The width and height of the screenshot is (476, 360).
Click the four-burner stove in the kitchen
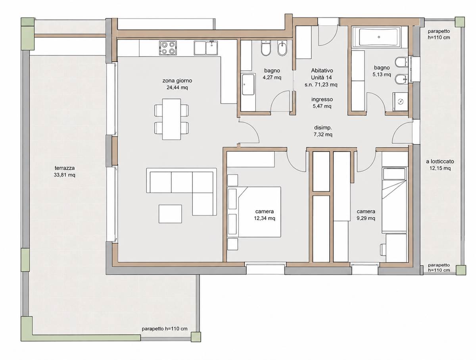pyautogui.click(x=168, y=48)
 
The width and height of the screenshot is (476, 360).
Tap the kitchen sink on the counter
pyautogui.click(x=206, y=48)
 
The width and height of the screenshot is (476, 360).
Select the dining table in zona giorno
pyautogui.click(x=171, y=119)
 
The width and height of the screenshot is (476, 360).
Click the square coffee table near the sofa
pyautogui.click(x=170, y=214)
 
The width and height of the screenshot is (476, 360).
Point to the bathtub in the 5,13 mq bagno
pyautogui.click(x=379, y=37)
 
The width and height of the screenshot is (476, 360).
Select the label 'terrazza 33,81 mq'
pyautogui.click(x=65, y=171)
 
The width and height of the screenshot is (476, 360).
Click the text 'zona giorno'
pyautogui.click(x=177, y=81)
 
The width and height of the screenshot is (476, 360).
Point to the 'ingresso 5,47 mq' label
pyautogui.click(x=322, y=103)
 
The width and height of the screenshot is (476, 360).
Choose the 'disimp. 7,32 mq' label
pyautogui.click(x=323, y=131)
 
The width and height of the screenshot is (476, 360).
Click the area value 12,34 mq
pyautogui.click(x=265, y=218)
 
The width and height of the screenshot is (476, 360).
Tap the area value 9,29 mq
pyautogui.click(x=366, y=218)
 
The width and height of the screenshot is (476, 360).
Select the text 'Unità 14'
pyautogui.click(x=321, y=77)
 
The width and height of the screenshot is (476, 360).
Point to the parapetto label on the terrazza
pyautogui.click(x=165, y=335)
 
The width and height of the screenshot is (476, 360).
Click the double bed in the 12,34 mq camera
pyautogui.click(x=259, y=212)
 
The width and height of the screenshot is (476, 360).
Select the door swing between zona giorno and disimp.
pyautogui.click(x=250, y=132)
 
